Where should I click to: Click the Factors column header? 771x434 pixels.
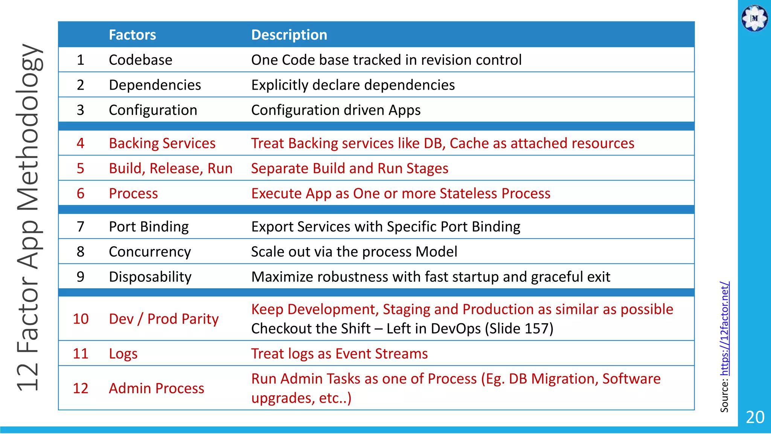[132, 35]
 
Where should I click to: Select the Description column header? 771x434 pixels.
[289, 35]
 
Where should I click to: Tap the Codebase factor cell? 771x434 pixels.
[140, 60]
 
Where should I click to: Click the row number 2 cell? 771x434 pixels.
[80, 85]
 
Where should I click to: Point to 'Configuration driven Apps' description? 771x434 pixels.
[335, 110]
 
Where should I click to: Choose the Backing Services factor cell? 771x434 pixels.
[162, 143]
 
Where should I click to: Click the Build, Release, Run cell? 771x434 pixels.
[171, 168]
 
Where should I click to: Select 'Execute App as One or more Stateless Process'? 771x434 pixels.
[401, 193]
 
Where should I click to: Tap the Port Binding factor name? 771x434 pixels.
[149, 226]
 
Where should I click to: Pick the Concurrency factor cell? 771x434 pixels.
[150, 252]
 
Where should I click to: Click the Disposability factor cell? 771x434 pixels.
[150, 277]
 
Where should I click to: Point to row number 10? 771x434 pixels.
[81, 319]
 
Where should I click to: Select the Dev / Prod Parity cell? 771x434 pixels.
[163, 319]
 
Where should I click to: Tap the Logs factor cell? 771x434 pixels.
[123, 354]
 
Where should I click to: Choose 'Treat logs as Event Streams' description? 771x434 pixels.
[339, 354]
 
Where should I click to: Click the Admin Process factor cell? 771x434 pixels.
[156, 388]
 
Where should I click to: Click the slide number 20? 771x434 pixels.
[755, 417]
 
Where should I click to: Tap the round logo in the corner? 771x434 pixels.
[754, 18]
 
